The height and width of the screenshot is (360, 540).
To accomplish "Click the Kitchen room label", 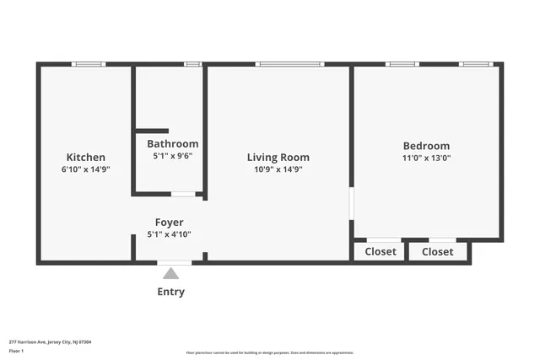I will click(86, 157).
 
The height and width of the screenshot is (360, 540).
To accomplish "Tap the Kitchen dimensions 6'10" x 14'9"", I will click(86, 169).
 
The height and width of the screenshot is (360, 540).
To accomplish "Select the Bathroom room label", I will click(173, 143).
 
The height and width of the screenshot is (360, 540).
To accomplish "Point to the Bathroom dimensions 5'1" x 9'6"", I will click(173, 155).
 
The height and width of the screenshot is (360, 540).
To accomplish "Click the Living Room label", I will click(278, 157).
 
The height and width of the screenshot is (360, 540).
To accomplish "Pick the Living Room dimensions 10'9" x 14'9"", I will click(278, 169).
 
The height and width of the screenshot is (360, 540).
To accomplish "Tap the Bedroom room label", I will click(426, 146).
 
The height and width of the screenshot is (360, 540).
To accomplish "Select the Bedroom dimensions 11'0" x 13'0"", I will click(426, 158).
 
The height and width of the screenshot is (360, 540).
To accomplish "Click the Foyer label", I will click(170, 223).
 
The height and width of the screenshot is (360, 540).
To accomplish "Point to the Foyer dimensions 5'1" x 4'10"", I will click(170, 234).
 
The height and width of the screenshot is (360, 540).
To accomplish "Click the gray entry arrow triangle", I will click(170, 273).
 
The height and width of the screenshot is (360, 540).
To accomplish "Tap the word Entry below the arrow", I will click(170, 292).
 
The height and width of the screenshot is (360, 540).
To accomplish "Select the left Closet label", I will click(381, 251).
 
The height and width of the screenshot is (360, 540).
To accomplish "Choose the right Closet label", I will click(437, 251).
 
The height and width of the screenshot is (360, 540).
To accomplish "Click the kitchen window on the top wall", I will click(88, 64).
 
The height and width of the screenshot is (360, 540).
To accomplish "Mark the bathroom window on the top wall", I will click(192, 64).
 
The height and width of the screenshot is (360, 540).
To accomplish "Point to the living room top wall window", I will click(289, 64).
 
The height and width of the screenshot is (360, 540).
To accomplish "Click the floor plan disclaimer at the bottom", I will click(270, 352).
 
